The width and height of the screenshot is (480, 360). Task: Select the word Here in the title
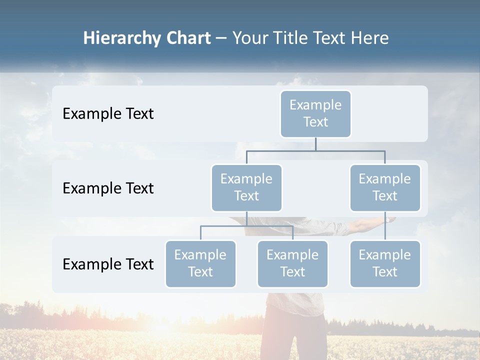tap(370, 38)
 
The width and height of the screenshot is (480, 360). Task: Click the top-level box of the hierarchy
tap(315, 113)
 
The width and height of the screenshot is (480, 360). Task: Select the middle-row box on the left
tap(246, 187)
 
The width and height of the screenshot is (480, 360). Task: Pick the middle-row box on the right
tap(385, 187)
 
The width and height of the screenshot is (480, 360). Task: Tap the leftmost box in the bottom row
tap(200, 263)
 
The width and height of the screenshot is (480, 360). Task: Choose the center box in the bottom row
tap(292, 263)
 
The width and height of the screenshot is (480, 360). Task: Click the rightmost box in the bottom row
tap(385, 263)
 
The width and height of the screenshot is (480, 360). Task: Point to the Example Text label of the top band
tap(108, 114)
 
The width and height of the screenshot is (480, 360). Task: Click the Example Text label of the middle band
tap(108, 188)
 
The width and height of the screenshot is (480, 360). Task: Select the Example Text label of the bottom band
tap(108, 264)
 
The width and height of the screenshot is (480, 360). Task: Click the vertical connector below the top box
tap(315, 144)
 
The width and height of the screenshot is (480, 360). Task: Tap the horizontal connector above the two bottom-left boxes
tap(246, 226)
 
